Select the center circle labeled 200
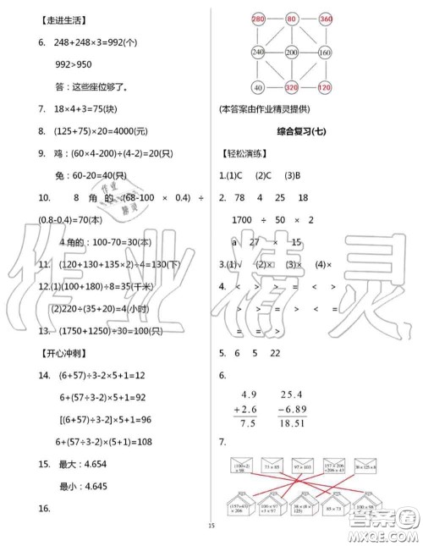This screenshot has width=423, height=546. [291, 52]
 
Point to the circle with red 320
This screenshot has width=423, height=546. [291, 87]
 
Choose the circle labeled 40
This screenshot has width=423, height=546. [258, 87]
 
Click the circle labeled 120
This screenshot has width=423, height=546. [324, 87]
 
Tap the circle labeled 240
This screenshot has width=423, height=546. [258, 52]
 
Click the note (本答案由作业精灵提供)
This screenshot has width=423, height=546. [275, 108]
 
